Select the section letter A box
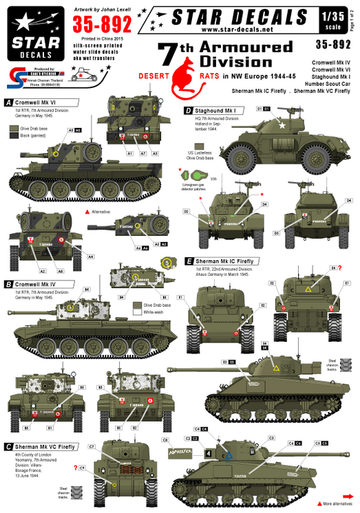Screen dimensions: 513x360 tap(8, 102)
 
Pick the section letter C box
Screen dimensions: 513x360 tap(8, 446)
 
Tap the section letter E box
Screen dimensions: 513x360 tap(189, 261)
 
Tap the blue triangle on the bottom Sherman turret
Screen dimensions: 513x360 tap(230, 455)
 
